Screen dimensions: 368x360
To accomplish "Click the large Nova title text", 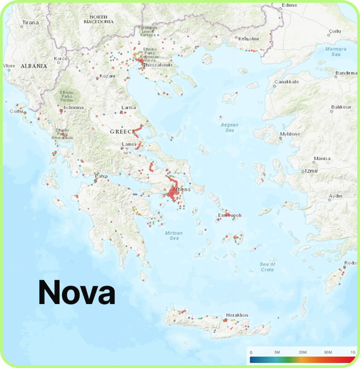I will point(76,292).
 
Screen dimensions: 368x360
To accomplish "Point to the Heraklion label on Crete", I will point(237,315).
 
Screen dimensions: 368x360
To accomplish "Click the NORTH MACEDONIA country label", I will point(99,19).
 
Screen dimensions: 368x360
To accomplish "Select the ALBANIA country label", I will point(34,66).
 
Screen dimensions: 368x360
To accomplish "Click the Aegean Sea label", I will point(230,127).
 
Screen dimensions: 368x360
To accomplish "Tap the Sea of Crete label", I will point(267,267).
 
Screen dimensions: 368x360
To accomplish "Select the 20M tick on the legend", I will point(302,352).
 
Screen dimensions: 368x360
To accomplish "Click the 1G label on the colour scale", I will point(352,352).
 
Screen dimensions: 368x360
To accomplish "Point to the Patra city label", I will point(101,176).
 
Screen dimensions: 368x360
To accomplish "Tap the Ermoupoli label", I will point(230,215).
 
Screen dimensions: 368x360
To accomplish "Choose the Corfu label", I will point(17,111).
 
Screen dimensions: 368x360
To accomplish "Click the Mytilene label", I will point(290,134).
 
